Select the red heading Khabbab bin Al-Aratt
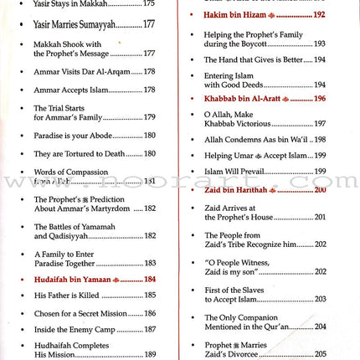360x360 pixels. tap(240, 99)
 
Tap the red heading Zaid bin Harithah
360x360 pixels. tap(237, 190)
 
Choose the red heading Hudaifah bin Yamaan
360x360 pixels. tap(74, 279)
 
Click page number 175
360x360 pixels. tap(149, 3)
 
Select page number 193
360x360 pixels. tap(320, 44)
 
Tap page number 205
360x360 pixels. tap(320, 354)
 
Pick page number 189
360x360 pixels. tap(149, 354)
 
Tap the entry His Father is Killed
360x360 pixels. tap(66, 296)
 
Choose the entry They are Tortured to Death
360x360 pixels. tap(80, 154)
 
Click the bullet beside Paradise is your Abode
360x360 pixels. tap(23, 136)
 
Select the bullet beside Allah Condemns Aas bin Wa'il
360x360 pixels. tap(194, 140)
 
